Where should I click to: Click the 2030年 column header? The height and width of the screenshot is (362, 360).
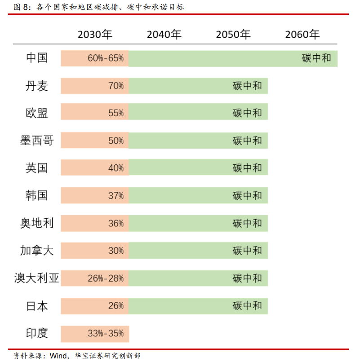click(x=95, y=35)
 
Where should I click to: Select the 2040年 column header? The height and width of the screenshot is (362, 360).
click(x=164, y=35)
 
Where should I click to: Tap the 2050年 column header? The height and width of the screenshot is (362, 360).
click(x=233, y=35)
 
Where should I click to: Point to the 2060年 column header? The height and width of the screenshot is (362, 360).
click(x=302, y=35)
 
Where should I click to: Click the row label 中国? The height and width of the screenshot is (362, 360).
click(x=37, y=58)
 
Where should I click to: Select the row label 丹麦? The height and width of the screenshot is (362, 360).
click(x=37, y=86)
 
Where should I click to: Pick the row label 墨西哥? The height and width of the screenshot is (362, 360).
click(x=37, y=141)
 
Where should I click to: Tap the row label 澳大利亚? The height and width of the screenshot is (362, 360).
click(x=37, y=278)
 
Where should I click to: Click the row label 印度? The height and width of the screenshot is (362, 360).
click(x=37, y=333)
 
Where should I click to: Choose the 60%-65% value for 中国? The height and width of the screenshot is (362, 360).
click(x=106, y=58)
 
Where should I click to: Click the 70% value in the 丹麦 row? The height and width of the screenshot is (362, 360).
click(x=116, y=86)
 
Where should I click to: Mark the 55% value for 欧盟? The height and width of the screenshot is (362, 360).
click(x=116, y=113)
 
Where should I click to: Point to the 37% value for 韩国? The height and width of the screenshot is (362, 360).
click(x=116, y=196)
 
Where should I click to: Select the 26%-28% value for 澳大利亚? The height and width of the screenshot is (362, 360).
click(x=106, y=278)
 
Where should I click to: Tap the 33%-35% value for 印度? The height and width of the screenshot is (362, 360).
click(x=106, y=333)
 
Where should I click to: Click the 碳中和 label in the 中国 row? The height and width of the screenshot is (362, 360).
click(x=316, y=58)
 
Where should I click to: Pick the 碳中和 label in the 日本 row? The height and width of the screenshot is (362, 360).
click(x=247, y=306)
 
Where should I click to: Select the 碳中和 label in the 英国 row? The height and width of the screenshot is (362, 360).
click(x=247, y=168)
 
